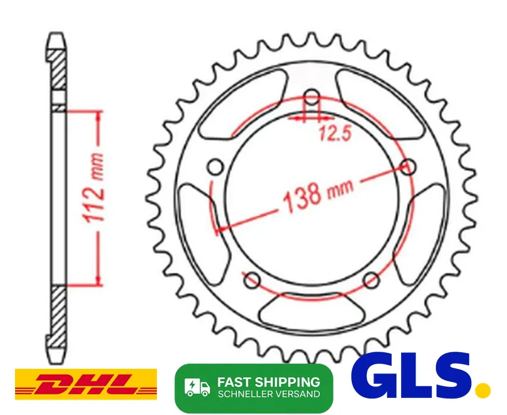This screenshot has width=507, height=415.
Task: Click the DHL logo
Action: coord(86,384)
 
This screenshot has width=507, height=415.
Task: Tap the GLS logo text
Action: coord(411,375)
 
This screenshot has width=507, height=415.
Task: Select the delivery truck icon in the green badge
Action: coord(197,387)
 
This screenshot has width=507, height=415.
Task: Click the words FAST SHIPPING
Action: coord(269,382)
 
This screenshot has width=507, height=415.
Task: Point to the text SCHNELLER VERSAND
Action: coord(269,394)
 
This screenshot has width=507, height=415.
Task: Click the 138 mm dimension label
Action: coord(318,194)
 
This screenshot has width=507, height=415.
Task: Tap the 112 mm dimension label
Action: coord(95,188)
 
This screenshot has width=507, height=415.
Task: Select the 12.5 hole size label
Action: coord(335,133)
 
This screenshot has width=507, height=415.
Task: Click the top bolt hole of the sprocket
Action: coord(312,96)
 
